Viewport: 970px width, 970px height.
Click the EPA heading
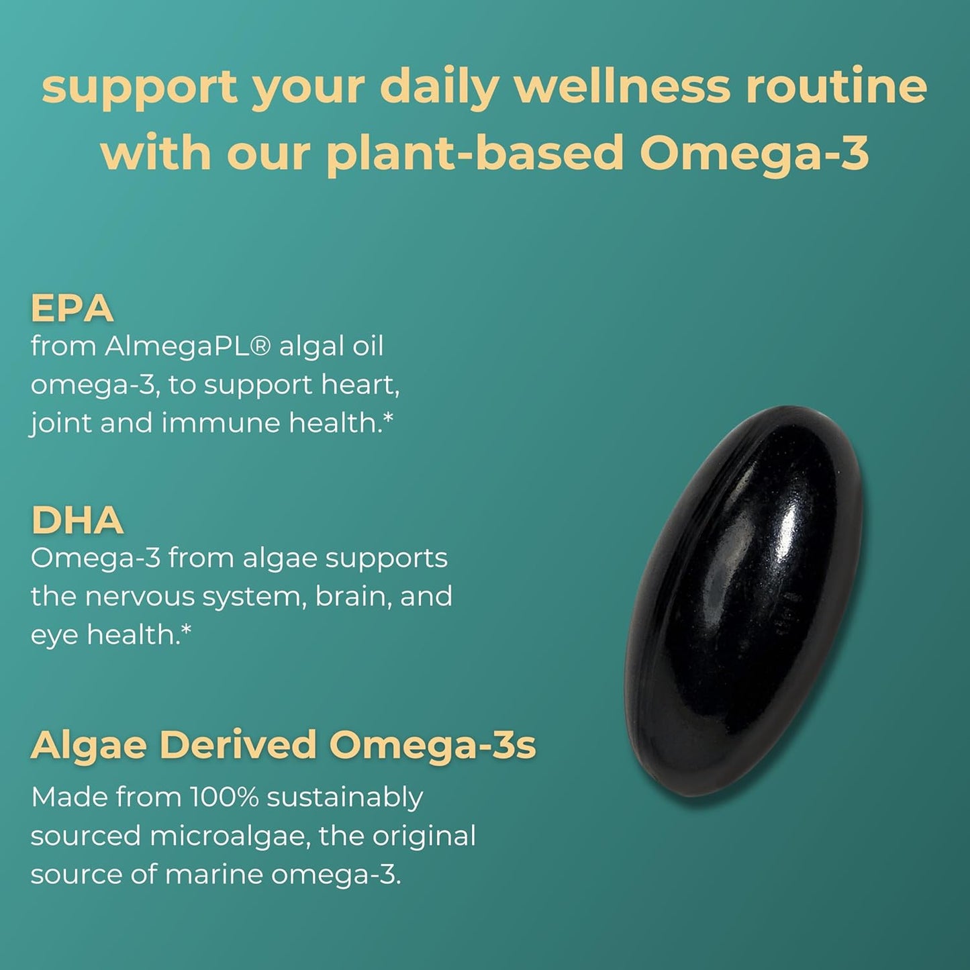(x=72, y=309)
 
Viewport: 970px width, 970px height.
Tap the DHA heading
(x=77, y=520)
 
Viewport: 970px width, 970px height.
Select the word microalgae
(x=230, y=836)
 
